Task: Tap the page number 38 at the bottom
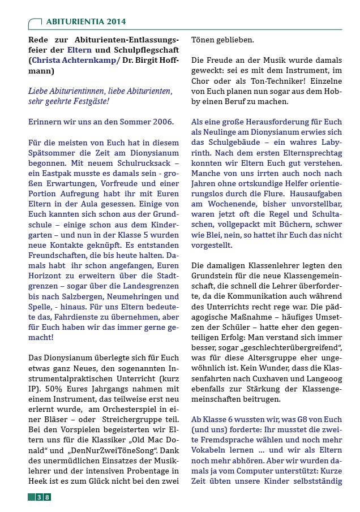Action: click(44, 497)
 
